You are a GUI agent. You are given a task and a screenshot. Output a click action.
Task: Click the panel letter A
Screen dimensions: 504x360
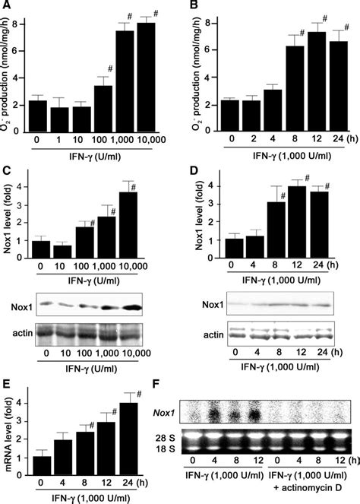[x=7, y=7]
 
